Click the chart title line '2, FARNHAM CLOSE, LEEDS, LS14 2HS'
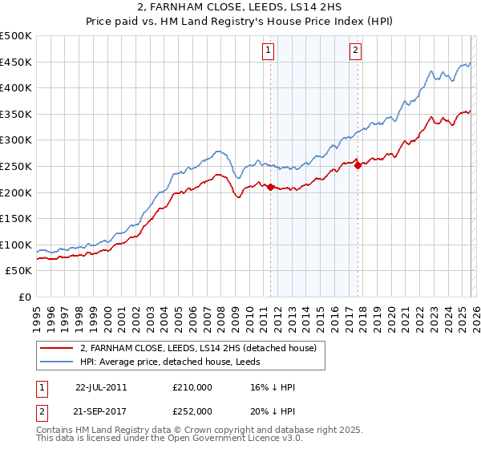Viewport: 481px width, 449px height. tap(240, 8)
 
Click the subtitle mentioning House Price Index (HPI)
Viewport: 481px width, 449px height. tap(240, 22)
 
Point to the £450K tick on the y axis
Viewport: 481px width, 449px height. tap(16, 62)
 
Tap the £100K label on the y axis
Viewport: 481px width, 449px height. tap(16, 245)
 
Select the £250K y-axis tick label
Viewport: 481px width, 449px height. tap(16, 166)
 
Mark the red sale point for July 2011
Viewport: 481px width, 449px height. tap(270, 187)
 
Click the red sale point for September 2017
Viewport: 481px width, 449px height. tap(358, 165)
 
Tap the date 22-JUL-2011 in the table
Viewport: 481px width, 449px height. tap(100, 386)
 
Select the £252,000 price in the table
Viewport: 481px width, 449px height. tap(192, 411)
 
